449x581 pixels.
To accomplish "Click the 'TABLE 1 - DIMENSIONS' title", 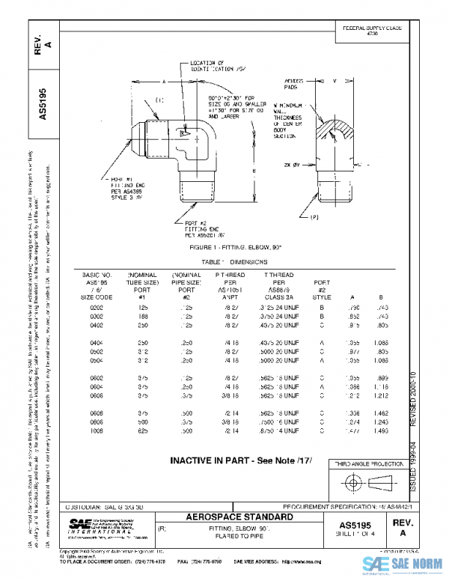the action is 224,263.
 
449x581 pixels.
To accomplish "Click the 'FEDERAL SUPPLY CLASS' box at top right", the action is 372,31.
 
